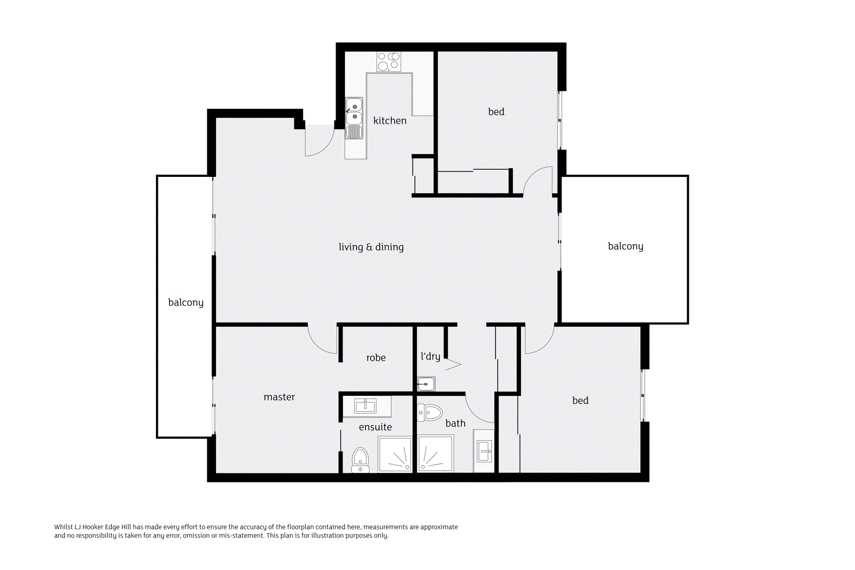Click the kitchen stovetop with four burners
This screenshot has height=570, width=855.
388,61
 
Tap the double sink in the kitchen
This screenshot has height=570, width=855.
354,113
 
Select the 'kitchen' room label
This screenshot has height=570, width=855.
390,121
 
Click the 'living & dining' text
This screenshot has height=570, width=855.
371,247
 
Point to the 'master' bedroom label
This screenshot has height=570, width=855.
279,397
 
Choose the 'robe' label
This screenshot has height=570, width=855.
376,358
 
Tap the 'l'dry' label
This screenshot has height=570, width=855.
430,356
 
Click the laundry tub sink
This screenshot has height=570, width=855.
426,384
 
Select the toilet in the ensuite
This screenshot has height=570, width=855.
361,460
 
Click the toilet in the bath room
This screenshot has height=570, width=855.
430,412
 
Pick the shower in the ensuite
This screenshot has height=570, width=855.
395,454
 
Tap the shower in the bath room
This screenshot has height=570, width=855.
436,454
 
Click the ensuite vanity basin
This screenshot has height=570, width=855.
366,406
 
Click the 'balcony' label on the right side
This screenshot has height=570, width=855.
625,246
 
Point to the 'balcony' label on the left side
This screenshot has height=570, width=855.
185,302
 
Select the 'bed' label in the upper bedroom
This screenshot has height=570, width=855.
496,112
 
